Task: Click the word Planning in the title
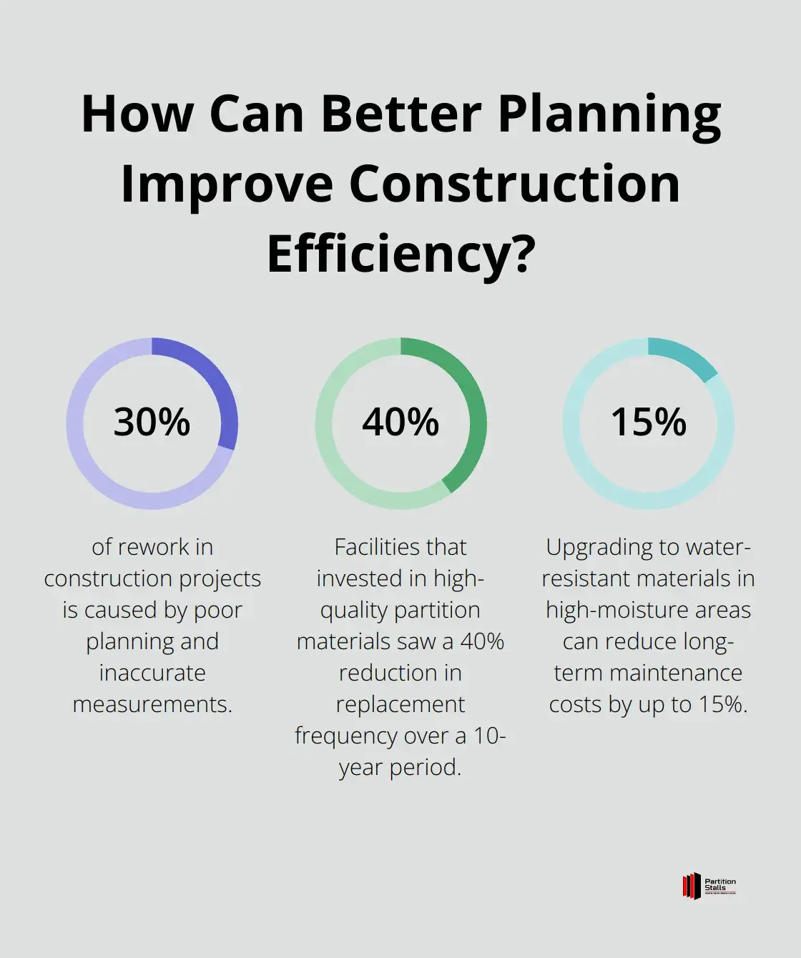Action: [609, 114]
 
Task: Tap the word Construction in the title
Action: [514, 184]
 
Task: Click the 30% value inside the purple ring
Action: [152, 422]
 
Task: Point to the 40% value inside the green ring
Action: [400, 422]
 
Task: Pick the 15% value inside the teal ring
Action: [648, 422]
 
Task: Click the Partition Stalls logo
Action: [709, 886]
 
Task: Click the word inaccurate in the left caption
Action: [152, 673]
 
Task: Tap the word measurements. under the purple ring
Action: [152, 704]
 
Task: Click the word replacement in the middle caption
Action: [400, 704]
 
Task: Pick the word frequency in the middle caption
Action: [347, 736]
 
